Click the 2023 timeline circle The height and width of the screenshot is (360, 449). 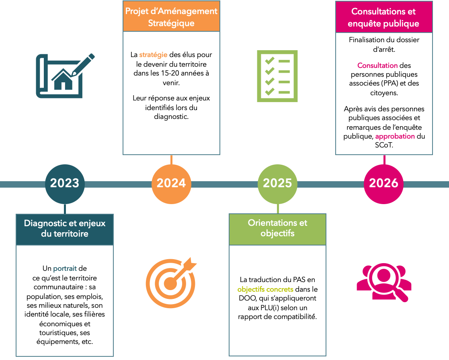click(65, 184)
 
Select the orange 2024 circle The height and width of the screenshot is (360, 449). click(171, 184)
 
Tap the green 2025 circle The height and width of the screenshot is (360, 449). click(277, 184)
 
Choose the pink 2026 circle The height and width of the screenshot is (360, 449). click(383, 184)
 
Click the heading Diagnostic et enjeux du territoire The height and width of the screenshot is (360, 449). click(65, 229)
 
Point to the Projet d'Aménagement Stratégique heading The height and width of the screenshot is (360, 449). click(171, 17)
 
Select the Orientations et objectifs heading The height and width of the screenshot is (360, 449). click(277, 228)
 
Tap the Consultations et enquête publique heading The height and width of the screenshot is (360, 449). click(383, 18)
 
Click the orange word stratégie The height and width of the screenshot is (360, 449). click(153, 55)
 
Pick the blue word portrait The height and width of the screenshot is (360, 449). click(65, 269)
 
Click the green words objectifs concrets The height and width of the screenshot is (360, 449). click(265, 289)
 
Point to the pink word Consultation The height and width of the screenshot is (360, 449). click(377, 65)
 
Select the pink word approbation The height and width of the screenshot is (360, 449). click(395, 137)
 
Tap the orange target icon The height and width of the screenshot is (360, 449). click(170, 283)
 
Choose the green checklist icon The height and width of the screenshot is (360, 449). click(277, 76)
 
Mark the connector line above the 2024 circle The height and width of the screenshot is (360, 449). click(172, 160)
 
